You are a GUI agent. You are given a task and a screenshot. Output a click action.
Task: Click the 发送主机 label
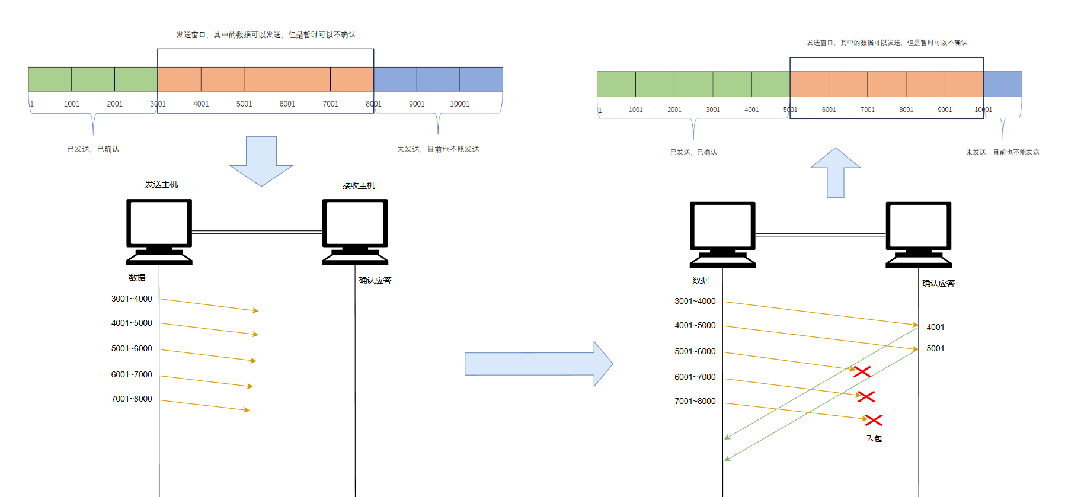coord(161,184)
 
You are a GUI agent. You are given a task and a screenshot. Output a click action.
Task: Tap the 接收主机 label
coord(359,185)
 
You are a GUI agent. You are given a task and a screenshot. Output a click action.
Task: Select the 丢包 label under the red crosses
coord(874,438)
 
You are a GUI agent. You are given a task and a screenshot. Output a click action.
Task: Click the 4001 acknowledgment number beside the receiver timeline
coord(935,327)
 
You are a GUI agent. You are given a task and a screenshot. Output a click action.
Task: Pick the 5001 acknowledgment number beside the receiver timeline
coord(935,348)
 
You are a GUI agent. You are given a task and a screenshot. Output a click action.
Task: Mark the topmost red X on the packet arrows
coord(862,371)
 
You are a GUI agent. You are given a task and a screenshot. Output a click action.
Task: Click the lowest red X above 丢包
coord(874,420)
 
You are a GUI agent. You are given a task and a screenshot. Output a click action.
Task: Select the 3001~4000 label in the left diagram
coord(132,299)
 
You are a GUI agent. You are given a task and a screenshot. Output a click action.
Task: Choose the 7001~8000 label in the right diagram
coord(695,401)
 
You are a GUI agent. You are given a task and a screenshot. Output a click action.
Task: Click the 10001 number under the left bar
coord(459,104)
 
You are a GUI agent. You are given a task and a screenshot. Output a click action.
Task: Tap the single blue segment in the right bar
coord(1003,84)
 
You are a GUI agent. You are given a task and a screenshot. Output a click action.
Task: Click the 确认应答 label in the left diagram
coord(375,280)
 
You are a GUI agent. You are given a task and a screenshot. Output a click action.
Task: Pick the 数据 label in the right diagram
coord(700,280)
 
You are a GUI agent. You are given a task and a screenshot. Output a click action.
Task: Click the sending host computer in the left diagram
coord(159,232)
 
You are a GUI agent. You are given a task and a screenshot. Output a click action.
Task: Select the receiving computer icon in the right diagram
coord(918,235)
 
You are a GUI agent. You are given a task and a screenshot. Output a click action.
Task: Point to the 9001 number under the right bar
coord(945,110)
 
